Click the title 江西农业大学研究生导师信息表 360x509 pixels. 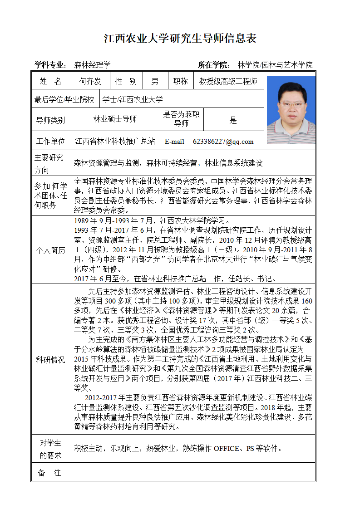pyautogui.click(x=180, y=39)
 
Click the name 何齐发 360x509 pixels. pyautogui.click(x=90, y=82)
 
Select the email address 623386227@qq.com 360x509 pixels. pyautogui.click(x=223, y=142)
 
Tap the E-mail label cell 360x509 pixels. pyautogui.click(x=174, y=142)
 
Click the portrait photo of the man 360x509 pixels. pyautogui.click(x=291, y=110)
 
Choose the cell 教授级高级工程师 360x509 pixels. pyautogui.click(x=228, y=82)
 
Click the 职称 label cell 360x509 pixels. pyautogui.click(x=180, y=82)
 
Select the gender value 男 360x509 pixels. pyautogui.click(x=155, y=82)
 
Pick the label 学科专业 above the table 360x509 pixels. pyautogui.click(x=50, y=65)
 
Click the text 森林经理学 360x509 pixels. pyautogui.click(x=93, y=65)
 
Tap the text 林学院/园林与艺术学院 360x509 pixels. pyautogui.click(x=275, y=65)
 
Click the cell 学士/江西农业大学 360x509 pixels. pyautogui.click(x=133, y=99)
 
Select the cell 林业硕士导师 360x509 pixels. pyautogui.click(x=115, y=119)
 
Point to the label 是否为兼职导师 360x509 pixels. pyautogui.click(x=182, y=119)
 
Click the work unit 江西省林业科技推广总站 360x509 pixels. pyautogui.click(x=115, y=142)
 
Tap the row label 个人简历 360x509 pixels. pyautogui.click(x=51, y=250)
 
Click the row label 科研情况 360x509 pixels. pyautogui.click(x=51, y=360)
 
